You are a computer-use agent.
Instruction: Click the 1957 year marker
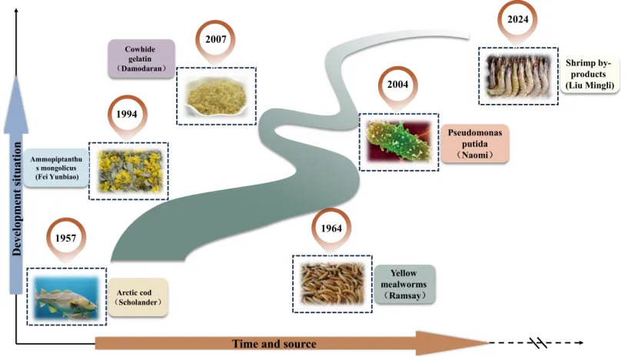coord(65,238)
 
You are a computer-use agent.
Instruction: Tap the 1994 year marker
coord(127,113)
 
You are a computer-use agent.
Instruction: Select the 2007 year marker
coord(216,38)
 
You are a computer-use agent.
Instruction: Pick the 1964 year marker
coord(331,228)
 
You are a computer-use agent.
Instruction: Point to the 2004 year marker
coord(397,85)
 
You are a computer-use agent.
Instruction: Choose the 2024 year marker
coord(517,19)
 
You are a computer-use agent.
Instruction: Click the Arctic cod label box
coord(138,298)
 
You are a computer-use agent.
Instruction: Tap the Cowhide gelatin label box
coord(141,58)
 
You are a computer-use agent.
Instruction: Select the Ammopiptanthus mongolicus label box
coord(56,167)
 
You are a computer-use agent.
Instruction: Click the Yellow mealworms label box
coord(404,285)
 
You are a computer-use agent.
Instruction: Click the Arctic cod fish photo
coord(66,295)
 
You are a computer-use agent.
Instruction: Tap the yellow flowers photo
coord(128,171)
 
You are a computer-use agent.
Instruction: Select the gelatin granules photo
coord(216,95)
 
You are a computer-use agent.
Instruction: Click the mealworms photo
coord(332,283)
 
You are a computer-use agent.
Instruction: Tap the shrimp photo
coord(517,75)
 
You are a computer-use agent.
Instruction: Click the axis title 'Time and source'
coord(274,343)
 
